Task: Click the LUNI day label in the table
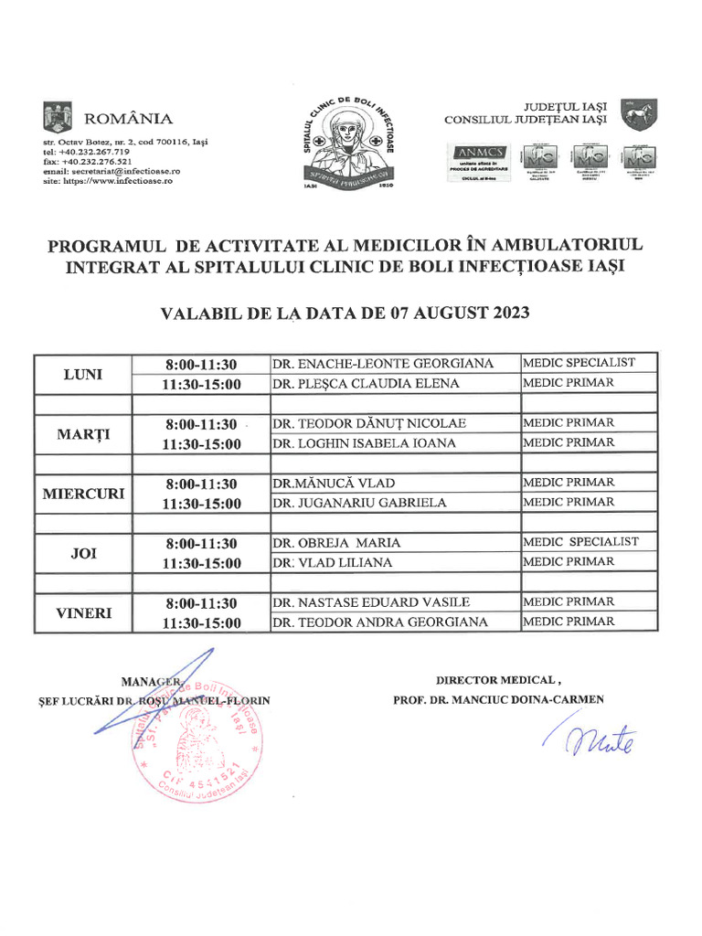[x=83, y=374]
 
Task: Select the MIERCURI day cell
[x=83, y=494]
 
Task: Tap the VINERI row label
[x=83, y=612]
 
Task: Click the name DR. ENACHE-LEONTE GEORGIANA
[x=383, y=364]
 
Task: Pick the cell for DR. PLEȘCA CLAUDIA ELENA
[x=366, y=384]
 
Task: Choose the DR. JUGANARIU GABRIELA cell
[x=359, y=503]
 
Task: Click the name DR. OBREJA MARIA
[x=336, y=543]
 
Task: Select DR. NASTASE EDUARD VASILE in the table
[x=371, y=602]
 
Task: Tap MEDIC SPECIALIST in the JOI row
[x=580, y=542]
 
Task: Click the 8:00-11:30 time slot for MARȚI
[x=201, y=424]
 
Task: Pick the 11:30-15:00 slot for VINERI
[x=201, y=623]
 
